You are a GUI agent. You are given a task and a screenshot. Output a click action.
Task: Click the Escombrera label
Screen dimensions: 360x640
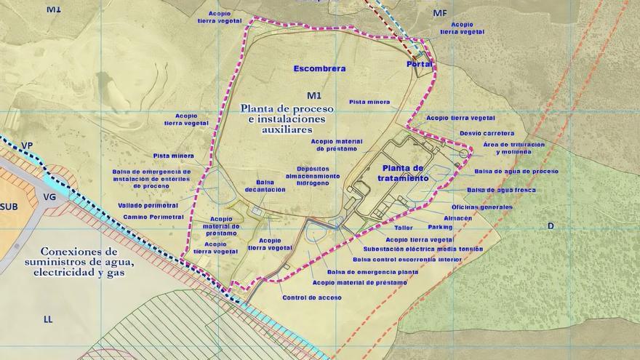(319, 68)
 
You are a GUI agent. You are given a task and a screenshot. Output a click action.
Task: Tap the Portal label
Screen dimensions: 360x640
(420, 64)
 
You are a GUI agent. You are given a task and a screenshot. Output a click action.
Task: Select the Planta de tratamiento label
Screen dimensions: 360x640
(402, 173)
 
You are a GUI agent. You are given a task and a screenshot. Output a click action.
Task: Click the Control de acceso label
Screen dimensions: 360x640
(311, 297)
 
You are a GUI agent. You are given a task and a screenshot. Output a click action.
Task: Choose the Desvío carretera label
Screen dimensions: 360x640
(487, 133)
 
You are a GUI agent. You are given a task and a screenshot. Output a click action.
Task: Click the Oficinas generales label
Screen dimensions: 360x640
(481, 207)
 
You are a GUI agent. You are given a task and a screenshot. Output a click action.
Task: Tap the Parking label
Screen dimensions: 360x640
(440, 227)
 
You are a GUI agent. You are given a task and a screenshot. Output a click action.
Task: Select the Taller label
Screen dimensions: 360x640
(404, 227)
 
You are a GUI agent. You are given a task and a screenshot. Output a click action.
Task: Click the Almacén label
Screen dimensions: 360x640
(457, 217)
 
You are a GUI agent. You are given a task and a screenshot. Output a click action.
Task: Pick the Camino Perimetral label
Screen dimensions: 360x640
(153, 217)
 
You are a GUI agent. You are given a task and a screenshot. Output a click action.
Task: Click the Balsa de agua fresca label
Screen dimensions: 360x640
(501, 190)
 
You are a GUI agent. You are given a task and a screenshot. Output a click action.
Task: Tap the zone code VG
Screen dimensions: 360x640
(50, 196)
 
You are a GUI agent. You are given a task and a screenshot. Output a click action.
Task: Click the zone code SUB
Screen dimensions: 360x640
(9, 207)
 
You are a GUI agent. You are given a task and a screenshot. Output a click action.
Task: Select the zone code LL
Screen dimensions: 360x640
(49, 319)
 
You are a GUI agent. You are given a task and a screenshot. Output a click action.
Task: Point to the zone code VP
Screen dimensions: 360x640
(27, 146)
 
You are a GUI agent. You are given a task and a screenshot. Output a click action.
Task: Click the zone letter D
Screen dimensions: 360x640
(551, 226)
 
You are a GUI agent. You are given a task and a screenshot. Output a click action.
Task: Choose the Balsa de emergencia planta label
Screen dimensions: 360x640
(372, 272)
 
